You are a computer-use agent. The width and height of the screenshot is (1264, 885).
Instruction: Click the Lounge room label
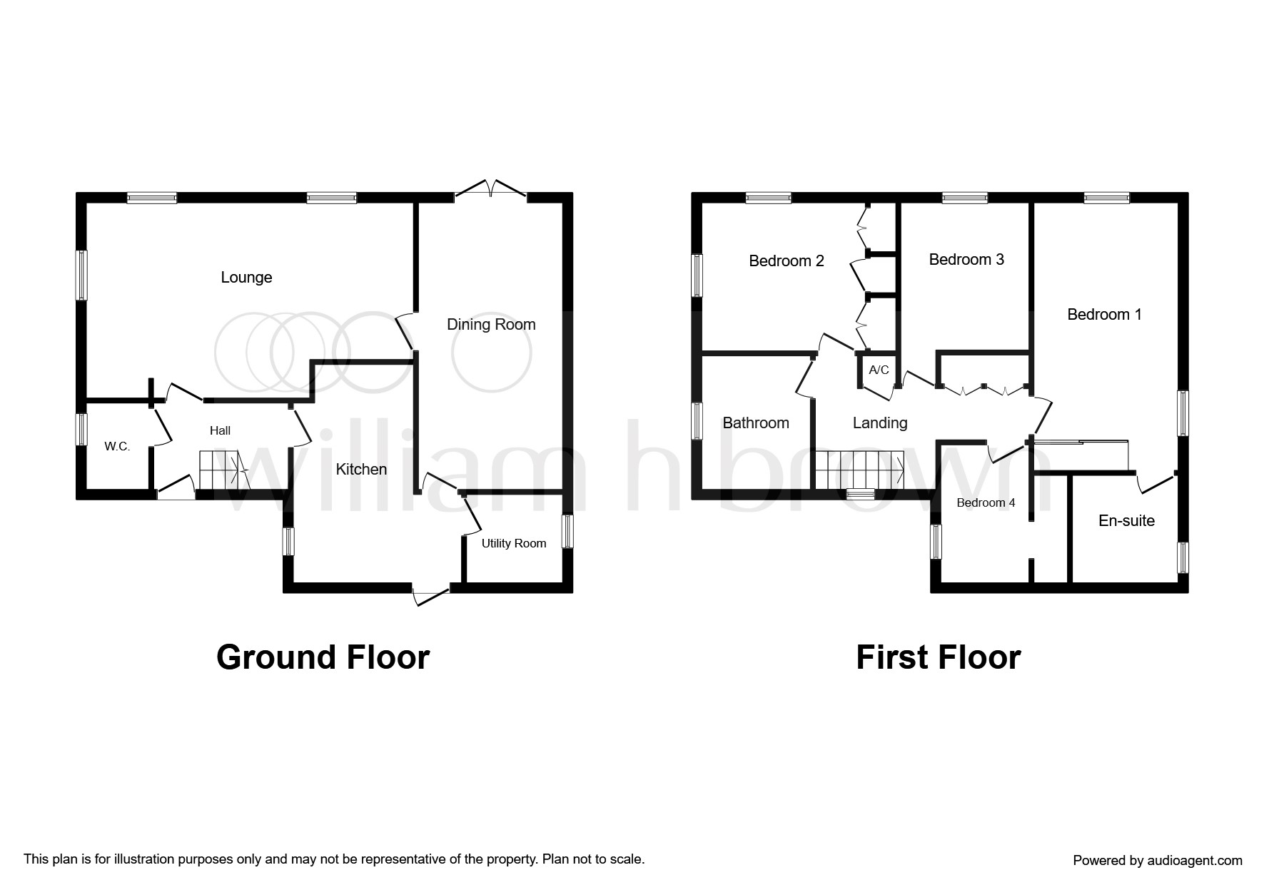(246, 277)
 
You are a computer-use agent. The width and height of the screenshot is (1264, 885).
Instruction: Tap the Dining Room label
(491, 324)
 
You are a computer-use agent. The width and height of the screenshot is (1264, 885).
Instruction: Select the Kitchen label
(361, 469)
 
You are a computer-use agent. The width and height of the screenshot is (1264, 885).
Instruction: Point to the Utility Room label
(513, 543)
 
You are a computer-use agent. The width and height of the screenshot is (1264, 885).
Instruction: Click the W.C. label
(117, 446)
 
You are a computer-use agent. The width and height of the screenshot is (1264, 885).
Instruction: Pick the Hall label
(220, 430)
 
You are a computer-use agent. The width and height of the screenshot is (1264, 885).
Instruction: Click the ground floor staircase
(220, 470)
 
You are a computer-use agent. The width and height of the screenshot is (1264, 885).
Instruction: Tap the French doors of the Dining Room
(491, 190)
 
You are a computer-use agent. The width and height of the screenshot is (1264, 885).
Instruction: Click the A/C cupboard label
(879, 370)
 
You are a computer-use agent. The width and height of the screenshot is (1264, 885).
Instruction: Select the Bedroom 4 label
(986, 502)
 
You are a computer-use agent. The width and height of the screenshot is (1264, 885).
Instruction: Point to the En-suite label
(1126, 520)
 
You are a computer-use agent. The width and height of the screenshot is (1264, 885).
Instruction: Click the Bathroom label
(755, 423)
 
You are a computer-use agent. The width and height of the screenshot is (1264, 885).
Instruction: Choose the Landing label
(879, 423)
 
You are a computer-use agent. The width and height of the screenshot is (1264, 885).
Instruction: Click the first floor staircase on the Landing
(860, 470)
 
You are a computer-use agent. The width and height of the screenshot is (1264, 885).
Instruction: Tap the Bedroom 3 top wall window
(964, 198)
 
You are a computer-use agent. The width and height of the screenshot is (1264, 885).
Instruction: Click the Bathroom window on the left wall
(697, 420)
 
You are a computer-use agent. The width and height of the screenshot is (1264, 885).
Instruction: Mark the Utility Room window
(567, 532)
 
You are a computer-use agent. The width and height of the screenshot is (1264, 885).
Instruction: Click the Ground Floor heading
(323, 657)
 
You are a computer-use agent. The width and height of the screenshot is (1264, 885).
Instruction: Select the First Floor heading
(938, 657)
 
